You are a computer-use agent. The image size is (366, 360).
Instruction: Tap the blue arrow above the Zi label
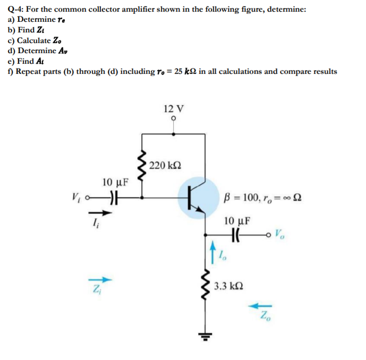(x=105, y=279)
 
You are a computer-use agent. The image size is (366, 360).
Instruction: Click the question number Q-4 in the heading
(x=15, y=9)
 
